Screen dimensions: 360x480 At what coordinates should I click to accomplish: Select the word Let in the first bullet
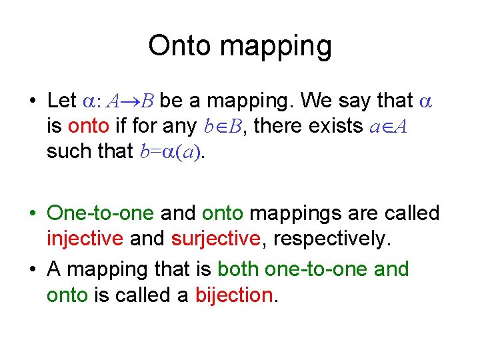coord(62,100)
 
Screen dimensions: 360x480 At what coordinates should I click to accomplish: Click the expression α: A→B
coord(118,101)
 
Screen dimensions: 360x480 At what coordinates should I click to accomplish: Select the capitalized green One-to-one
coord(100,213)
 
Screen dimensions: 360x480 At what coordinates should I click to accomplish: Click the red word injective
coord(85,239)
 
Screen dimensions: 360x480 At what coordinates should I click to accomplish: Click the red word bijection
coord(234,295)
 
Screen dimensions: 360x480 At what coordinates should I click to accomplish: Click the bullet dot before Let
coord(32,101)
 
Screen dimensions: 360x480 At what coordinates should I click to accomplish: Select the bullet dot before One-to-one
coord(32,214)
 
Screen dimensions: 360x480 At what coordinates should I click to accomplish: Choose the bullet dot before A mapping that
coord(32,270)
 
